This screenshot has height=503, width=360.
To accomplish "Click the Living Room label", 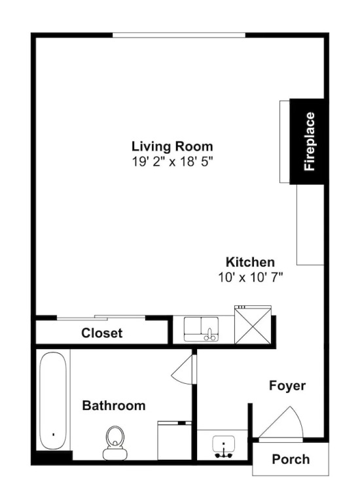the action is click(172, 146).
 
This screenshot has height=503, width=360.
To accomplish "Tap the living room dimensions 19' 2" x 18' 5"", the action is click(172, 162).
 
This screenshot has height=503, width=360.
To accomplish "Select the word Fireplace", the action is click(310, 141).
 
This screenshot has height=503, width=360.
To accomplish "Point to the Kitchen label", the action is click(251, 262).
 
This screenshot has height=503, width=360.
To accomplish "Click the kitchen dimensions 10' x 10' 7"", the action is click(251, 277).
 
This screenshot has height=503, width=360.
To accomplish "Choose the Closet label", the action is click(101, 333).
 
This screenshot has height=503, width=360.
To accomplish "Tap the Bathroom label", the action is click(114, 405).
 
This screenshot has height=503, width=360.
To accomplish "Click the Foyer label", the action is click(287, 386).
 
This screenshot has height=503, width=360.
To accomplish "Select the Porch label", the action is click(291, 459).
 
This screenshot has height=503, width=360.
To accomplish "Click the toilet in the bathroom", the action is click(115, 443).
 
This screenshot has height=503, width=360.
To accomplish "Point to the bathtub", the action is click(53, 401).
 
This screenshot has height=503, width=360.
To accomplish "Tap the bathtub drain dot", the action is click(53, 434).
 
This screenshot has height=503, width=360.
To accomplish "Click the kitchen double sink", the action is click(202, 329).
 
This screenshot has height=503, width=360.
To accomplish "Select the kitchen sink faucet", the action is click(210, 335).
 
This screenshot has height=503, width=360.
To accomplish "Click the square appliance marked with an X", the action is click(253, 324).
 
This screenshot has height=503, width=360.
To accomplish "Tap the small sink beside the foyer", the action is click(224, 446).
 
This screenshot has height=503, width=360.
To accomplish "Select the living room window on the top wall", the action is click(179, 35).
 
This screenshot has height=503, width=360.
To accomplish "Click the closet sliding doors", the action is click(101, 318).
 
